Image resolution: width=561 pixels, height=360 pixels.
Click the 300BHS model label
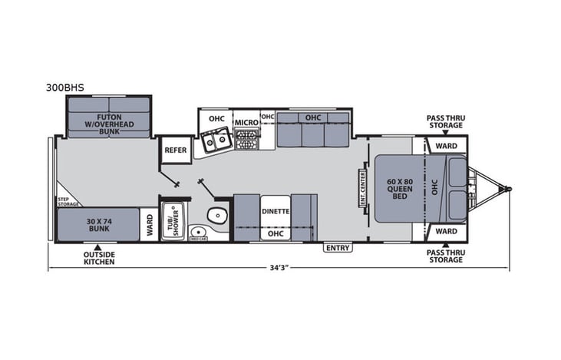[x=64, y=88]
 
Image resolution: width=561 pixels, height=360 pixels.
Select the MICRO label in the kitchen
[x=246, y=122]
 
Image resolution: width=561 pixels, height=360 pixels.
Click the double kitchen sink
[x=215, y=140]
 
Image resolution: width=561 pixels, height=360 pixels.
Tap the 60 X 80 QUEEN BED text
[x=399, y=188]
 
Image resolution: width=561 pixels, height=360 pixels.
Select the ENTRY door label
[x=337, y=247]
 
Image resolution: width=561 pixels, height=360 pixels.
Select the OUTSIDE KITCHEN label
[x=100, y=258]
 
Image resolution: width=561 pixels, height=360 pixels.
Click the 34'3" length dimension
[x=279, y=269]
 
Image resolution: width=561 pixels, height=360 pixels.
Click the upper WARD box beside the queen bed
[x=446, y=145]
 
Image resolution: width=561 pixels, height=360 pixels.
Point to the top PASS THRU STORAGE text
[x=446, y=121]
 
